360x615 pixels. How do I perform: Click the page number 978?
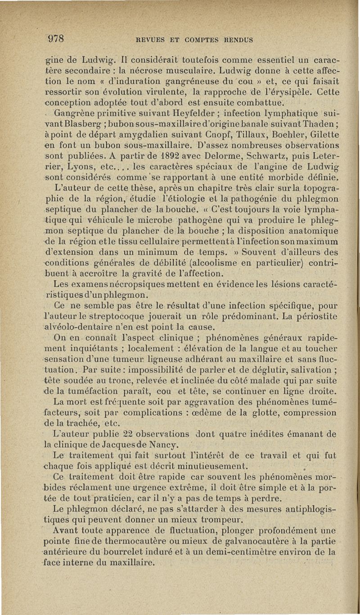[x=57, y=37]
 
